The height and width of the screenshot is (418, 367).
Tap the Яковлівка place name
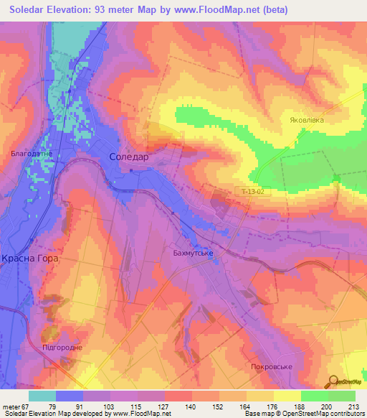307,120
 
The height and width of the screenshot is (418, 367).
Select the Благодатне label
31,153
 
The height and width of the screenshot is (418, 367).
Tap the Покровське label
272,366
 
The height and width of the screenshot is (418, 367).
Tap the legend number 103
110,406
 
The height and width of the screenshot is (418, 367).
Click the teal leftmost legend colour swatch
42,396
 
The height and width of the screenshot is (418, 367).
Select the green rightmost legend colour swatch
341,396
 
